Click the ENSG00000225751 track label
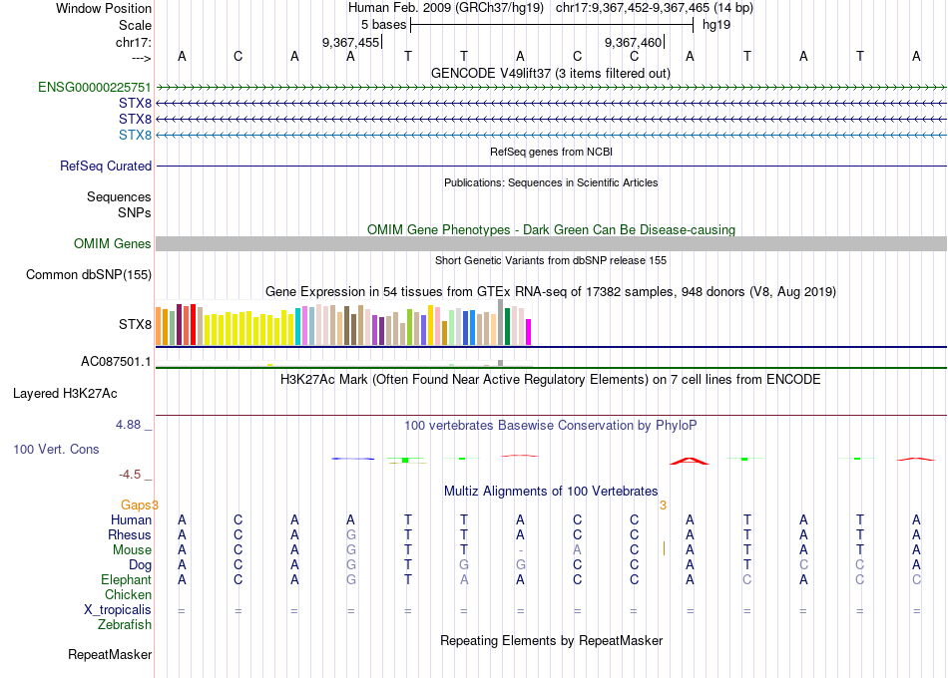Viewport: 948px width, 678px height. [95, 87]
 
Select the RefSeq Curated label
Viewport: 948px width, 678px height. [106, 167]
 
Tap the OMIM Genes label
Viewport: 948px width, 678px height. [113, 243]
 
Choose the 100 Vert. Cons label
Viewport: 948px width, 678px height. [56, 450]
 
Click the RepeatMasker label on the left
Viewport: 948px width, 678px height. [110, 655]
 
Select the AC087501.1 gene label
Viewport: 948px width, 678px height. [116, 362]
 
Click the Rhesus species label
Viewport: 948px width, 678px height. [130, 535]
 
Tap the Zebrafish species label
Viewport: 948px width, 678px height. [125, 625]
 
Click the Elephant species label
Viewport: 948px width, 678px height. [126, 580]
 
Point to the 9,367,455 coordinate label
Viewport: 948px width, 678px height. [351, 43]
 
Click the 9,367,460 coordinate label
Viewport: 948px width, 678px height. [634, 43]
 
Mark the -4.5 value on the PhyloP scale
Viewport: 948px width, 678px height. [132, 475]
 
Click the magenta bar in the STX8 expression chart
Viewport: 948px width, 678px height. [529, 332]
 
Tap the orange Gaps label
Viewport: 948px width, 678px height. [140, 506]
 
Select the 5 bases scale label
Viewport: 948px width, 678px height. [383, 25]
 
